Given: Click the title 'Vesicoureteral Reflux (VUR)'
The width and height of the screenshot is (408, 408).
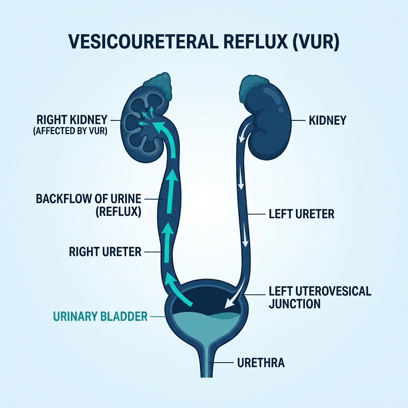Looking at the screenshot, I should [x=204, y=43].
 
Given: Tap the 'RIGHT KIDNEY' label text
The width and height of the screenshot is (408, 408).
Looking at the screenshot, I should [x=72, y=120].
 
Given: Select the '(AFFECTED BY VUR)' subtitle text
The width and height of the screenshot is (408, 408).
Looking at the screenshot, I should [x=71, y=131].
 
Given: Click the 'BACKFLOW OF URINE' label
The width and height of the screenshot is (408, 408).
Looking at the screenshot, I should [x=89, y=198].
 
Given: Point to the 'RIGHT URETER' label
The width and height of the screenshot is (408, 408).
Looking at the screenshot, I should [x=105, y=252].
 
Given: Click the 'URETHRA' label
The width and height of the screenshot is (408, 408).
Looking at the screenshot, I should [x=260, y=363].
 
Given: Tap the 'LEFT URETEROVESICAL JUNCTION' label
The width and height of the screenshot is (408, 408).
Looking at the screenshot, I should [x=320, y=297].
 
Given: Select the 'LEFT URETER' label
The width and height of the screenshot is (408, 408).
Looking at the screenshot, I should [x=301, y=214].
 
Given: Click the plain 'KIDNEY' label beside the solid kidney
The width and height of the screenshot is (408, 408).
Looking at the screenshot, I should [x=328, y=120].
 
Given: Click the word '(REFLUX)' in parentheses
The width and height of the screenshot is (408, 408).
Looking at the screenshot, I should [x=118, y=212].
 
